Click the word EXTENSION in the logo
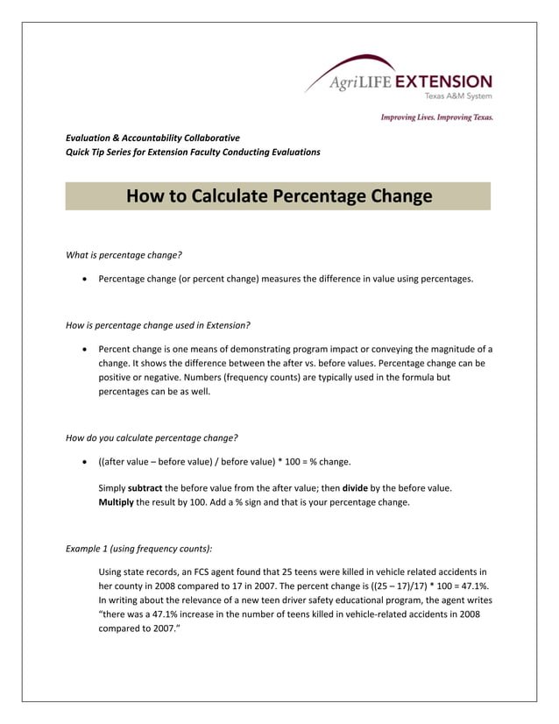(x=443, y=82)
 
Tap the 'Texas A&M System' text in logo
(x=458, y=96)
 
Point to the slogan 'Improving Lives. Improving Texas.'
(x=436, y=117)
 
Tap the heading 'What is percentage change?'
(x=124, y=255)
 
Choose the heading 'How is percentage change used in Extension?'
(x=158, y=325)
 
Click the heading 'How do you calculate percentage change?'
(x=152, y=437)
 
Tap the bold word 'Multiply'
(x=117, y=502)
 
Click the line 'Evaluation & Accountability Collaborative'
(x=152, y=138)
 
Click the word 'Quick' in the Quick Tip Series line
(x=80, y=152)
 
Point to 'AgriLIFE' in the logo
(x=361, y=83)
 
